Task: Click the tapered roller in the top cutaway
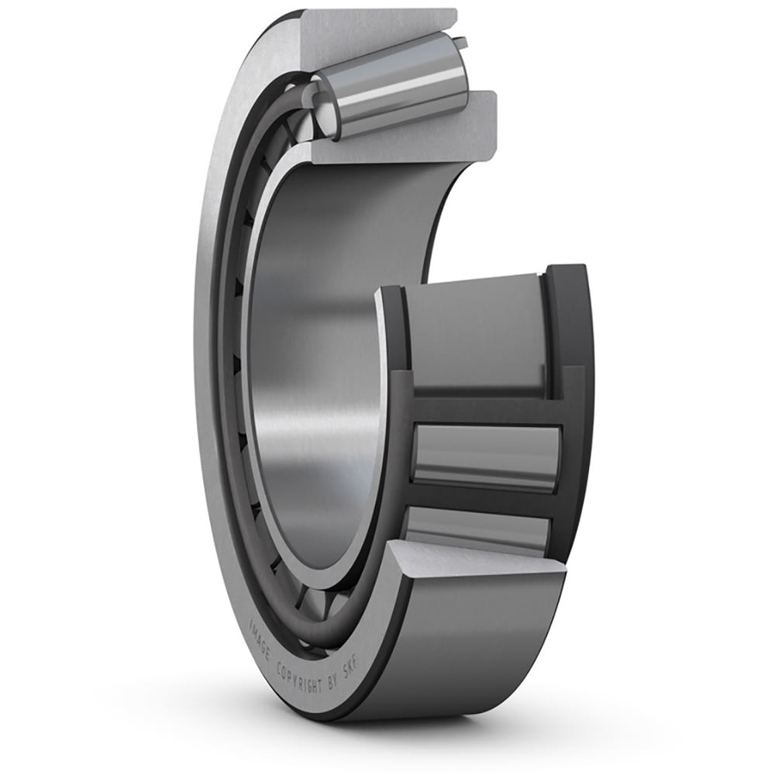395,85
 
